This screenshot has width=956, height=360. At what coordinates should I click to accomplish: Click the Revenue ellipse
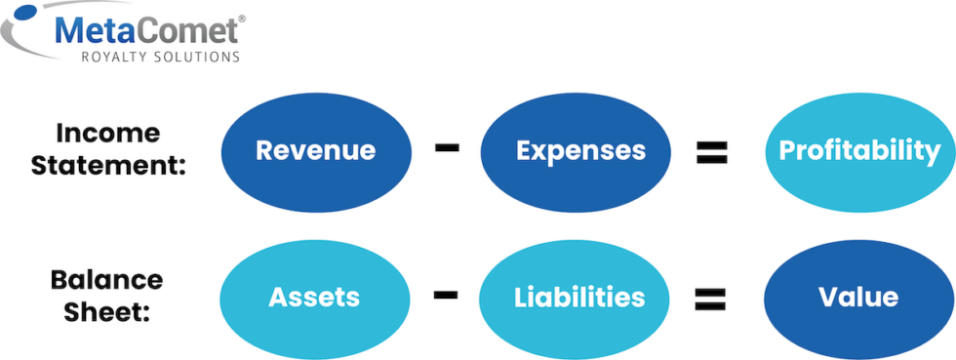[x=315, y=150]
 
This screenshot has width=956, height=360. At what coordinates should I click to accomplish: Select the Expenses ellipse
[x=580, y=150]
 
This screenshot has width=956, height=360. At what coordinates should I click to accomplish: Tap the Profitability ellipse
[x=859, y=150]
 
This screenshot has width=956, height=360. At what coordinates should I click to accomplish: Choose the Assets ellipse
[x=314, y=296]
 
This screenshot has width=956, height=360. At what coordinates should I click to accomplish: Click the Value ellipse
[x=859, y=296]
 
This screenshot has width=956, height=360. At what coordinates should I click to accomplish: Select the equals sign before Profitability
[x=713, y=151]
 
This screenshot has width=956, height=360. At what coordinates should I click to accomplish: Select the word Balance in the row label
[x=106, y=280]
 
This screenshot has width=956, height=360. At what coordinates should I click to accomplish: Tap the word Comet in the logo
[x=185, y=31]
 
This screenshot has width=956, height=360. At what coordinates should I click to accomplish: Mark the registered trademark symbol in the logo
[x=242, y=18]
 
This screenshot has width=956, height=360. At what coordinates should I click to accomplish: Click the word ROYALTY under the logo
[x=113, y=58]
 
